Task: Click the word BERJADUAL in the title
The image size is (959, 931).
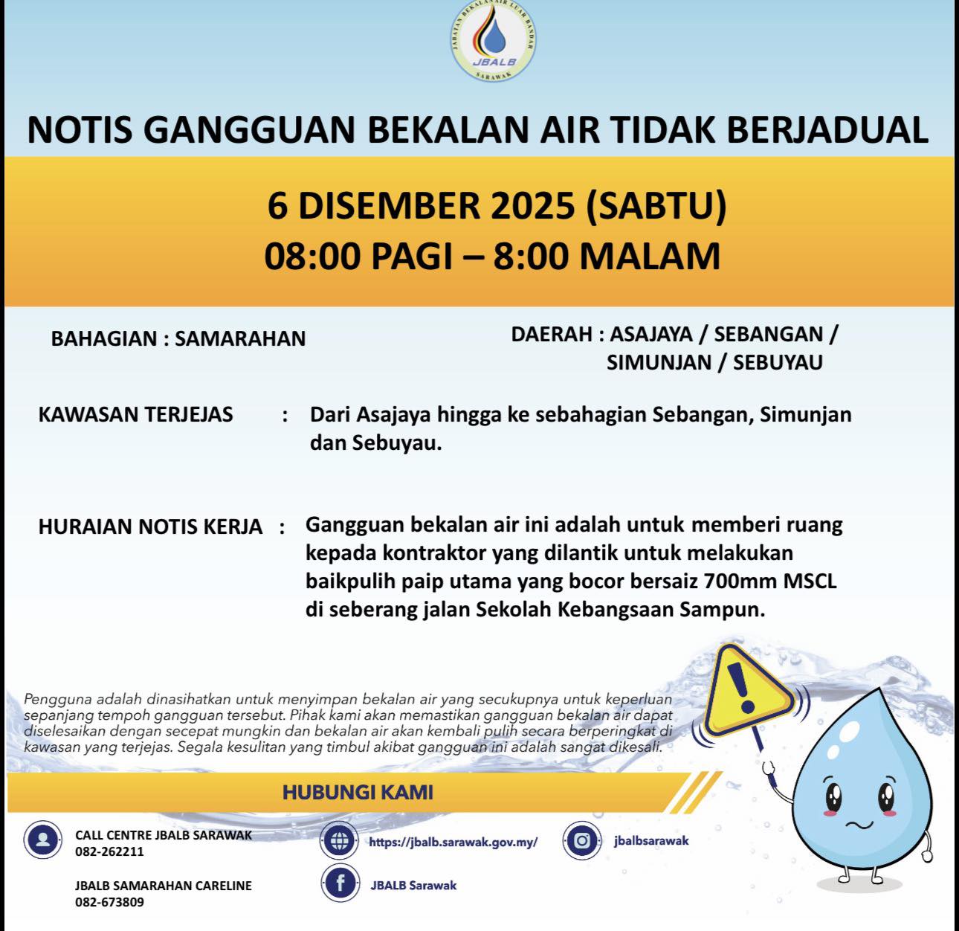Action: [827, 129]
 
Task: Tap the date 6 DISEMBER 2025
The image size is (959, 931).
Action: [421, 206]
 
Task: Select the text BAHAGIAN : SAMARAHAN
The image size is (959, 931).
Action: [178, 339]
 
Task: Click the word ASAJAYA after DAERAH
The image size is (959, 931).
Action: [651, 335]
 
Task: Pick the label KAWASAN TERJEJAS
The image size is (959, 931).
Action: [135, 415]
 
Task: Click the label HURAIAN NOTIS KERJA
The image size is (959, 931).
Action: [150, 527]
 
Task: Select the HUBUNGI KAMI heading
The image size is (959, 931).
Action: [358, 792]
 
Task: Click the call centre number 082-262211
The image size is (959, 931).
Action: [109, 852]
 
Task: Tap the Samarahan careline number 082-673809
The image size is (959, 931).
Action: [109, 903]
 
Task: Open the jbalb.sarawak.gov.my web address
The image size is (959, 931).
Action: [453, 843]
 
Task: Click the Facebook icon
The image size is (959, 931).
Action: [340, 883]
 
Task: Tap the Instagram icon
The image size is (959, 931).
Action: [582, 841]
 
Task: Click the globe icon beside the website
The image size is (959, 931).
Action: [340, 841]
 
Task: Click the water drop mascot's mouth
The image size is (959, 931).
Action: [859, 824]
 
